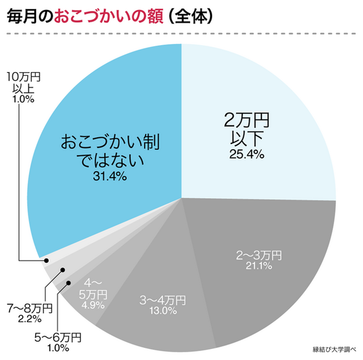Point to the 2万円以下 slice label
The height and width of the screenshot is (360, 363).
tap(246, 129)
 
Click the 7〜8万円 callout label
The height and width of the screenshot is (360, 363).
tap(29, 308)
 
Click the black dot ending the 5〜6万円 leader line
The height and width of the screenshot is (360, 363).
tap(69, 282)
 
